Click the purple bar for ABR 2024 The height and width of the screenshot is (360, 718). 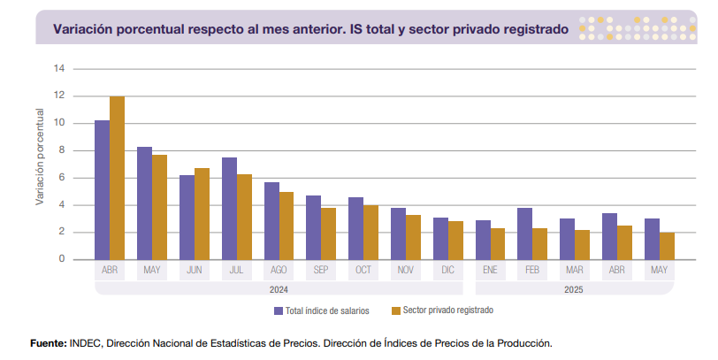[x=103, y=189]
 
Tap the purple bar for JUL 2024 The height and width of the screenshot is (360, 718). [x=229, y=208]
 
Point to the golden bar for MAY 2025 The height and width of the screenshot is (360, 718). [x=667, y=246]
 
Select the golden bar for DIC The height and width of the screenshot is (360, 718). [x=455, y=240]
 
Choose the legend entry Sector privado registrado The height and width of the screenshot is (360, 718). [x=447, y=310]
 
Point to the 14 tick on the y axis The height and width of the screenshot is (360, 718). [x=60, y=68]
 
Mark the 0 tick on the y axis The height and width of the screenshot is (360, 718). [x=62, y=259]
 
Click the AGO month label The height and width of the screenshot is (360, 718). [x=279, y=271]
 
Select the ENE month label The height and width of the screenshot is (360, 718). [x=491, y=271]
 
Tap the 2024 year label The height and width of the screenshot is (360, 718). [x=279, y=288]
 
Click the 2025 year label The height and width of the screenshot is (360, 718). [x=575, y=288]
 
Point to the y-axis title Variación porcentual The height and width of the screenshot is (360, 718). [x=40, y=157]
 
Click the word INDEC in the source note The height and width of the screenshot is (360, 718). [x=86, y=342]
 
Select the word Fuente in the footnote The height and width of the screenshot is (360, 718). [x=47, y=342]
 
